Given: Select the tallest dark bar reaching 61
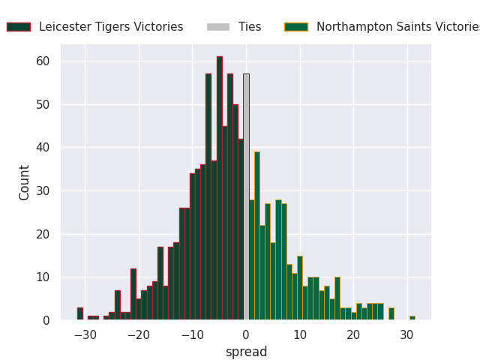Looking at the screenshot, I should (220, 187).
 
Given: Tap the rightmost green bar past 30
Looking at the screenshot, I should (412, 318).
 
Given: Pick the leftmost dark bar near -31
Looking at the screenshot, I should (80, 314).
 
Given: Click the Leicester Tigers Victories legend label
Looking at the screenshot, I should (111, 27).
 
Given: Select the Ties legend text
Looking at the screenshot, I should (250, 27).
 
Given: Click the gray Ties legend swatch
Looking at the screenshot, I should (218, 27).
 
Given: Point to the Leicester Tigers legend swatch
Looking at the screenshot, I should (19, 27).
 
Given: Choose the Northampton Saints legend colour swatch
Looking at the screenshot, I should (296, 27).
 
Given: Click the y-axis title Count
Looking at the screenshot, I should (25, 182).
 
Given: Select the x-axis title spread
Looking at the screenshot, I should (246, 352).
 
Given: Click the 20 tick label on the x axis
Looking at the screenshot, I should (353, 334).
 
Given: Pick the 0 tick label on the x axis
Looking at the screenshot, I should (246, 334).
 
